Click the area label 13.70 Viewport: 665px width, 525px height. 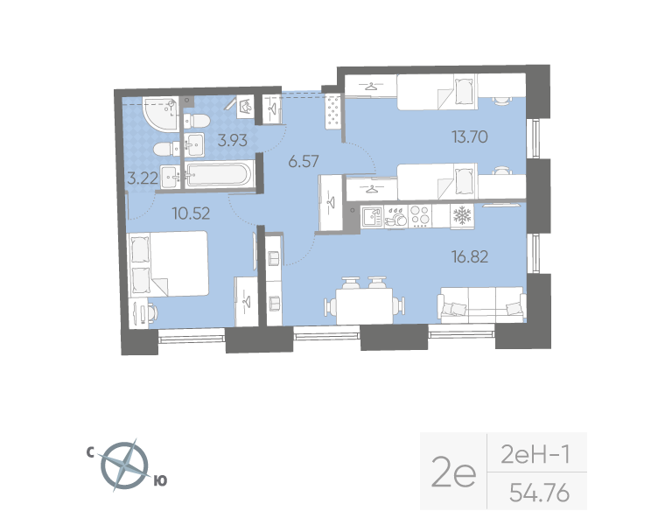(470, 136)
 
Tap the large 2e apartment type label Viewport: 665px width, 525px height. (453, 473)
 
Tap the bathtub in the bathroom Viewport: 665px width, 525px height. (217, 174)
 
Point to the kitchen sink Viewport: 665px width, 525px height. (371, 216)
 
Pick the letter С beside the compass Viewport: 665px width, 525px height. (90, 452)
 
